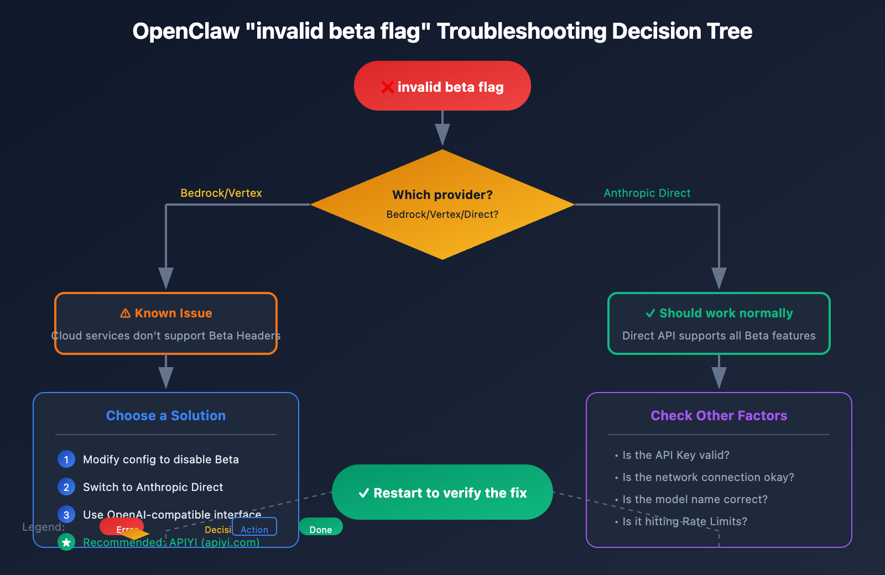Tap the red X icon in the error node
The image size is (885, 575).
[x=387, y=87]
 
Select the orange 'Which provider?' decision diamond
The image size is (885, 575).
[x=442, y=204]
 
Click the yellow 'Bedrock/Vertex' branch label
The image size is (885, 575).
[x=221, y=193]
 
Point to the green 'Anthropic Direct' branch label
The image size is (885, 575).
[x=647, y=193]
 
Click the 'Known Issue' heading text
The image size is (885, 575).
[x=173, y=313]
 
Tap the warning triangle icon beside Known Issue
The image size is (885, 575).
[x=126, y=313]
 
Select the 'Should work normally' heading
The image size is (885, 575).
[x=726, y=313]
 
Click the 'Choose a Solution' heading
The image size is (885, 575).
[x=166, y=415]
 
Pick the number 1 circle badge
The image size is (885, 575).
[x=66, y=459]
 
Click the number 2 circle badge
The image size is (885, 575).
[x=66, y=487]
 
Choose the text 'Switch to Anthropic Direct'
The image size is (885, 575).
[x=153, y=487]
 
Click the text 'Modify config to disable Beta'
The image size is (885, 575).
[x=161, y=459]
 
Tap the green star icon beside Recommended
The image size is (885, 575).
[x=66, y=542]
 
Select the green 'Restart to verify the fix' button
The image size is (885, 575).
[x=442, y=492]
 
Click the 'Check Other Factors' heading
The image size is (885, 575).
[x=719, y=415]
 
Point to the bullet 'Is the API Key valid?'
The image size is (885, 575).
[x=675, y=455]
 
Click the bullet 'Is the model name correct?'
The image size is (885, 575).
[x=695, y=499]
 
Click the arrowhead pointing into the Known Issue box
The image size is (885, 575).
[x=166, y=278]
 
